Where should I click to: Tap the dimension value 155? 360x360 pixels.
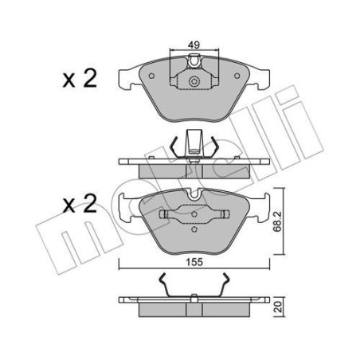click(194, 256)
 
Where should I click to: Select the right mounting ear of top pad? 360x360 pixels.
click(261, 78)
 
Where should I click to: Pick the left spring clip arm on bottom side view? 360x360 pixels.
click(162, 285)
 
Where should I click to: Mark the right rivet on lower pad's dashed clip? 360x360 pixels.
click(225, 215)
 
